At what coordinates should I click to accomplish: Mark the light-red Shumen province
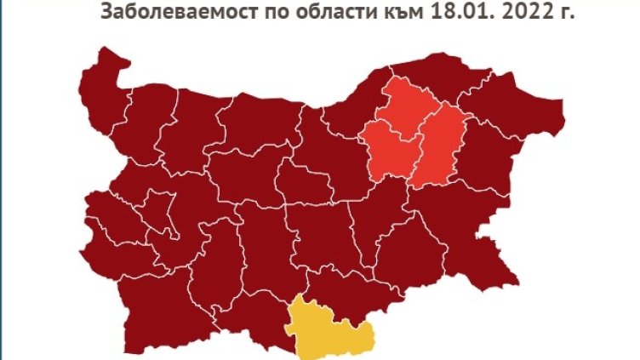point(440,145)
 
